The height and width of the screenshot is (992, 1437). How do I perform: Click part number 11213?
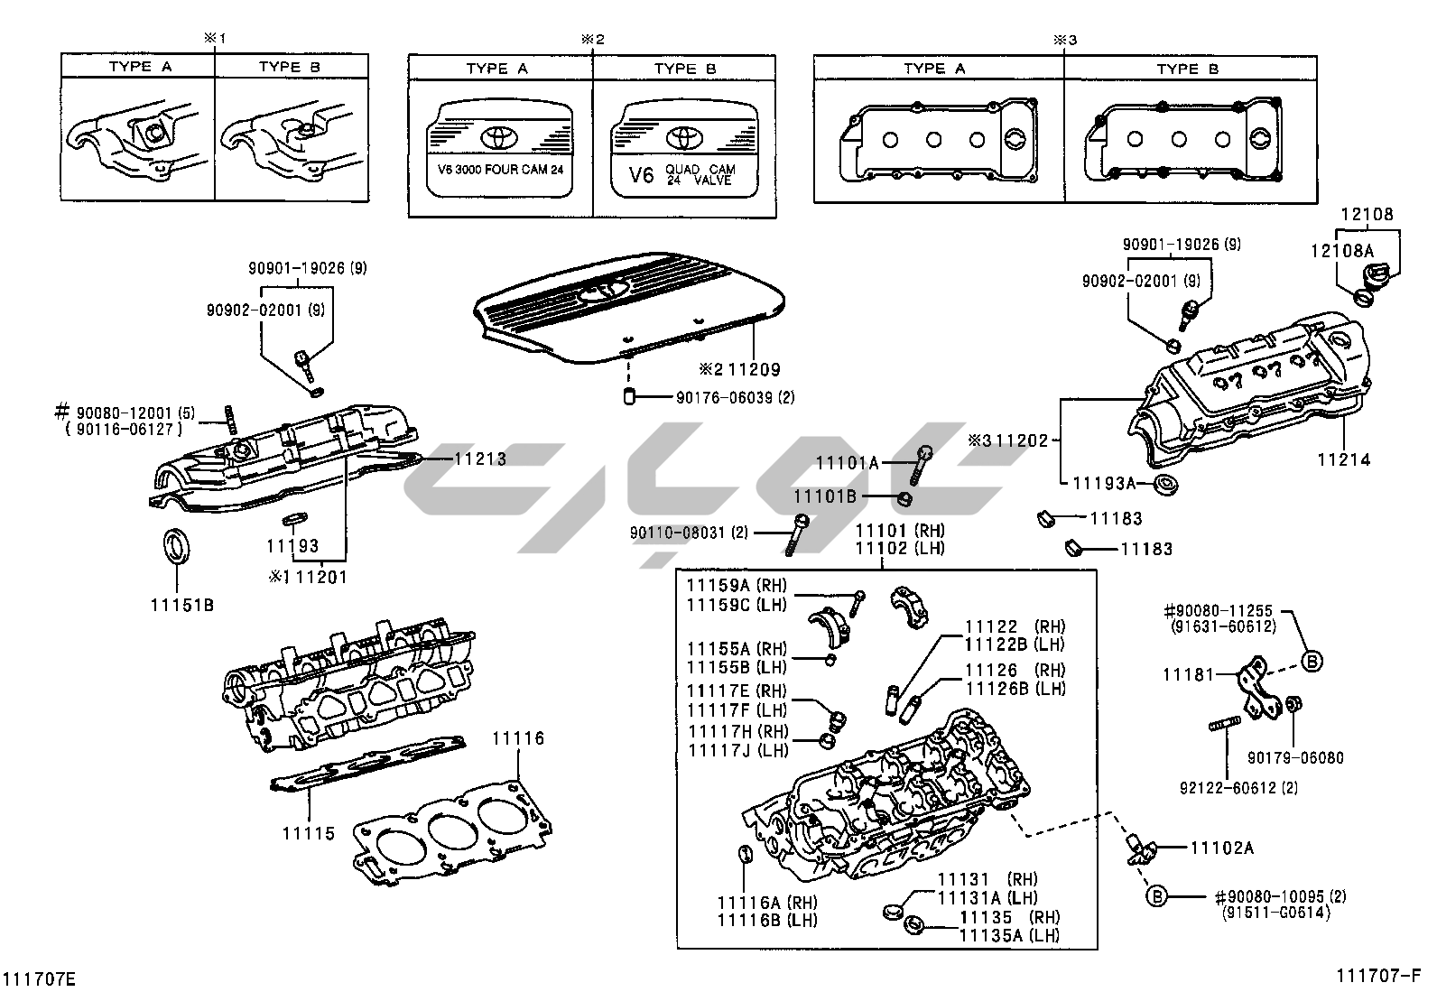click(x=479, y=459)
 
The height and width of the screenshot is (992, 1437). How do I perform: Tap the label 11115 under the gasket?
click(x=308, y=833)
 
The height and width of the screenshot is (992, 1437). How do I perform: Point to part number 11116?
click(x=518, y=739)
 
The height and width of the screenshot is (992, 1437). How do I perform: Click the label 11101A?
click(x=847, y=463)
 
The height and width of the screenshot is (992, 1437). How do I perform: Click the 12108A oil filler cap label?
click(x=1342, y=250)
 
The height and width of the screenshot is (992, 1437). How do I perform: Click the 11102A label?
click(x=1221, y=848)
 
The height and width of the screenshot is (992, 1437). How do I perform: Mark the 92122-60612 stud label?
click(x=1238, y=788)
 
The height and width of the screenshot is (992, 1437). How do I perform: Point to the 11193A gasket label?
click(x=1104, y=483)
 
